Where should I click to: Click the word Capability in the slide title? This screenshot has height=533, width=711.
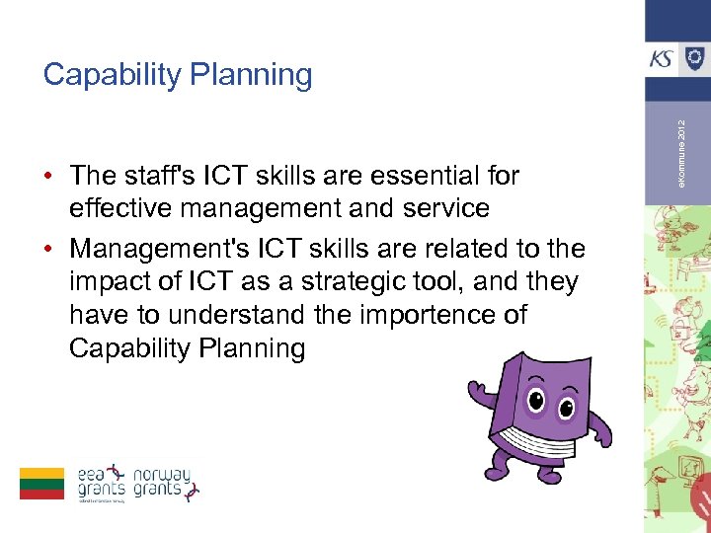pyautogui.click(x=111, y=75)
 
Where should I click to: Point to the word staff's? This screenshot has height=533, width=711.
pyautogui.click(x=171, y=176)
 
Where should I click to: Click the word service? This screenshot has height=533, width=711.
pyautogui.click(x=442, y=209)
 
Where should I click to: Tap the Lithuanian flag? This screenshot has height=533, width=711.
pyautogui.click(x=41, y=484)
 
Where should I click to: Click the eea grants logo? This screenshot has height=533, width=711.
pyautogui.click(x=103, y=483)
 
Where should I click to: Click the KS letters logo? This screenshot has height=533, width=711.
pyautogui.click(x=663, y=58)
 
